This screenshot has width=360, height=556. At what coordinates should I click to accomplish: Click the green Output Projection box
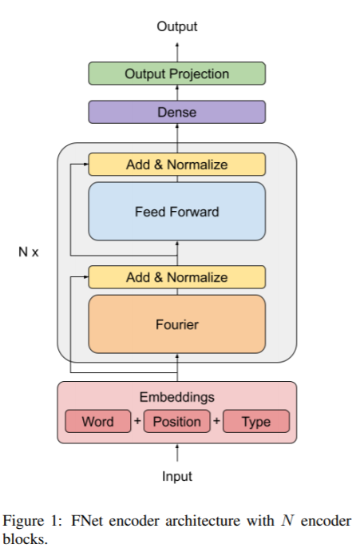click(x=177, y=73)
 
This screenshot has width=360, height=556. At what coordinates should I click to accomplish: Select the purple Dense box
click(x=177, y=112)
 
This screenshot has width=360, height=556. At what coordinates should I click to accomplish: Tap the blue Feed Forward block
click(x=177, y=212)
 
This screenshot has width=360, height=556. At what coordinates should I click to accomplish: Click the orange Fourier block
click(x=177, y=324)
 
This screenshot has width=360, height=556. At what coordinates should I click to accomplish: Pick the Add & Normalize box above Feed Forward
click(x=177, y=165)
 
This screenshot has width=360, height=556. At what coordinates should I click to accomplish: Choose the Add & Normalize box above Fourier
click(x=177, y=277)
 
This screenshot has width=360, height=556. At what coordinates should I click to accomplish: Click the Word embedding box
click(x=98, y=421)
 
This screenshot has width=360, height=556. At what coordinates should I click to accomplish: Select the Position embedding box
click(x=177, y=421)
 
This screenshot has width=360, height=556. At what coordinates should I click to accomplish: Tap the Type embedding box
click(x=256, y=421)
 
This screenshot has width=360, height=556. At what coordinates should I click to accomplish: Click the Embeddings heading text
click(x=177, y=397)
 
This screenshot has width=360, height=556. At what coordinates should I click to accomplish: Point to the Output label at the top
click(x=177, y=26)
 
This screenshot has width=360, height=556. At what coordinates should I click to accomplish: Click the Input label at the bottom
click(x=177, y=476)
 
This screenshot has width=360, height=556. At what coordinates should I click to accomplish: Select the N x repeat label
click(x=29, y=252)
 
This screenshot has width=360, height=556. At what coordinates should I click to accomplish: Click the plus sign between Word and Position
click(x=137, y=421)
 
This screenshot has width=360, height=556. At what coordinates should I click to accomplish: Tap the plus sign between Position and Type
click(x=216, y=421)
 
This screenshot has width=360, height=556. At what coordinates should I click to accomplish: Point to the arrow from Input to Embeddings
click(x=177, y=453)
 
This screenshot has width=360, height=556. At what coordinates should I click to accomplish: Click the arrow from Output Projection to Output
click(x=177, y=52)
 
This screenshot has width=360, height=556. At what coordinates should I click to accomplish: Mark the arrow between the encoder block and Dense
click(x=177, y=133)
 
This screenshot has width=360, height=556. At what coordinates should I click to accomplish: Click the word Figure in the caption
click(x=23, y=522)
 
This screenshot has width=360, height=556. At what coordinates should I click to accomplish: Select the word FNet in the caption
click(x=87, y=521)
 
